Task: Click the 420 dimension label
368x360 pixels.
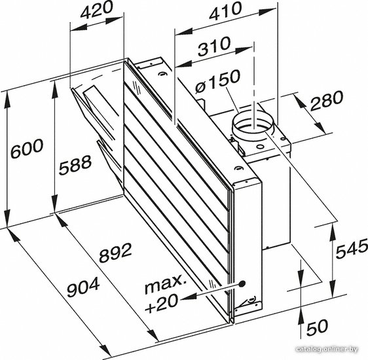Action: (x=96, y=10)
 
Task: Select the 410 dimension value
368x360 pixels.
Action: (x=225, y=11)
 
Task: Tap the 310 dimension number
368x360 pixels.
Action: (x=214, y=46)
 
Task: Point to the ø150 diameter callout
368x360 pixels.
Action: (x=218, y=81)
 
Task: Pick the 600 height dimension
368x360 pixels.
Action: (x=28, y=148)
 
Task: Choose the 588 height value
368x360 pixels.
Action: (x=75, y=165)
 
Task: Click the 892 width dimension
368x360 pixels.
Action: (x=115, y=252)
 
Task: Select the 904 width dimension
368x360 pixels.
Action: (x=83, y=287)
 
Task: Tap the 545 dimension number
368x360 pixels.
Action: (x=352, y=249)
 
